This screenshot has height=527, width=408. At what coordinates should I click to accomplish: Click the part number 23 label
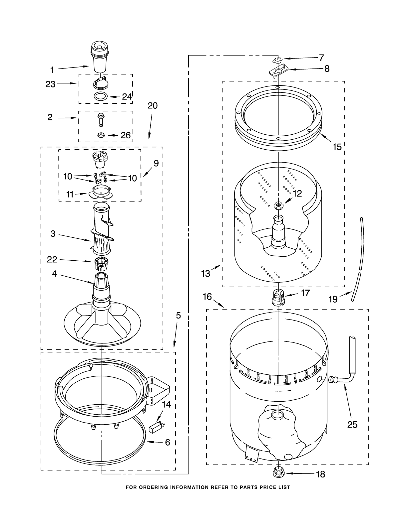click(x=51, y=84)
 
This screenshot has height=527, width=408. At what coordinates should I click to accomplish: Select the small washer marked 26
click(x=101, y=135)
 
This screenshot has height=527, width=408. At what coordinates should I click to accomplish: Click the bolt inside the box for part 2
click(x=100, y=120)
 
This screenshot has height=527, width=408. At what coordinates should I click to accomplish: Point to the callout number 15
click(x=337, y=147)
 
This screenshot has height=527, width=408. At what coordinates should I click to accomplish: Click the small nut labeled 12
click(x=278, y=206)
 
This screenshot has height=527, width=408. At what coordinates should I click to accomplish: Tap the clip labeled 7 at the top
click(x=277, y=60)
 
